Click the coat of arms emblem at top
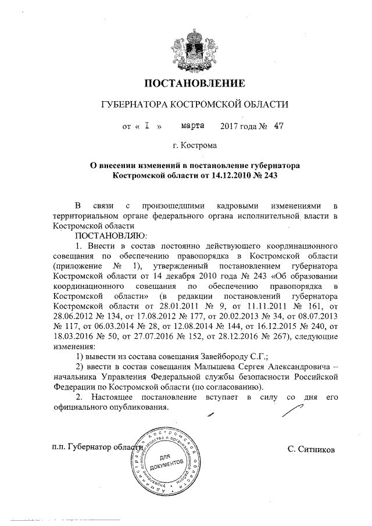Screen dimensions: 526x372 [x=186, y=47]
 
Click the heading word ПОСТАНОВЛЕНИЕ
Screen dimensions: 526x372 [x=186, y=82]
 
